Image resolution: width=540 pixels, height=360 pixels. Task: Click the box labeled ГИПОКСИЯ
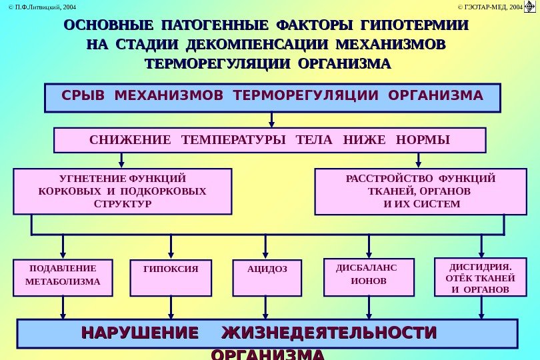[x=171, y=277]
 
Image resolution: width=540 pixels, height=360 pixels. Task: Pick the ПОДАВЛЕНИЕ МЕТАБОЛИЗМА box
[x=63, y=277]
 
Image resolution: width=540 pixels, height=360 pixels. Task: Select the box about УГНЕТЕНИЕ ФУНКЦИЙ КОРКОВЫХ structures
[x=123, y=191]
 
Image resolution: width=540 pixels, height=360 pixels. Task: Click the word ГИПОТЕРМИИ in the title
[x=413, y=27]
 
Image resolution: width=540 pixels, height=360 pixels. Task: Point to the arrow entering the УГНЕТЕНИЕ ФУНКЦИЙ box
[x=122, y=161]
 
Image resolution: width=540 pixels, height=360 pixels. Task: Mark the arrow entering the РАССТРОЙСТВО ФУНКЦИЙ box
[x=419, y=161]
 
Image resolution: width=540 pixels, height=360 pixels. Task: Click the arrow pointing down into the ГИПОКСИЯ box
[x=171, y=248]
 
